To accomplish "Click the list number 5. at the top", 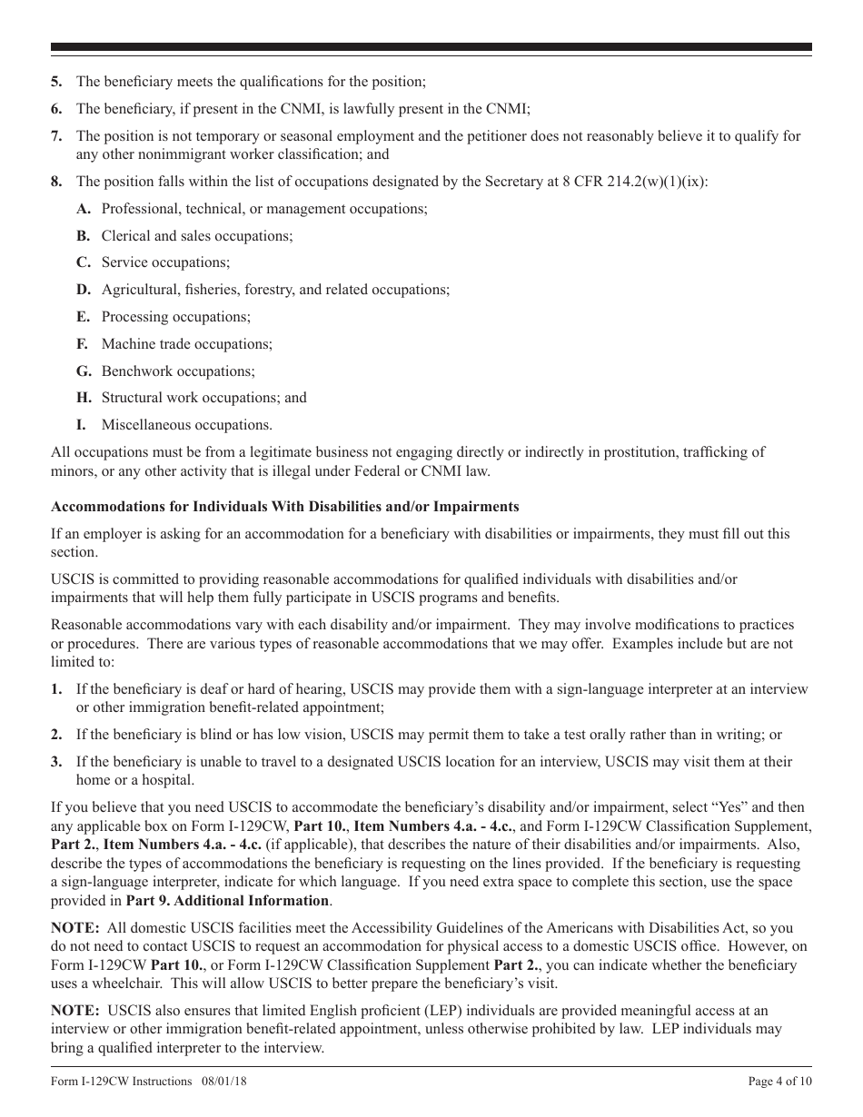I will point(56,82).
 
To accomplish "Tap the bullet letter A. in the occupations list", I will point(84,209).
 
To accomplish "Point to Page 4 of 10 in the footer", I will point(779,1082).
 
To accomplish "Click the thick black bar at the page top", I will point(431,47).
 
